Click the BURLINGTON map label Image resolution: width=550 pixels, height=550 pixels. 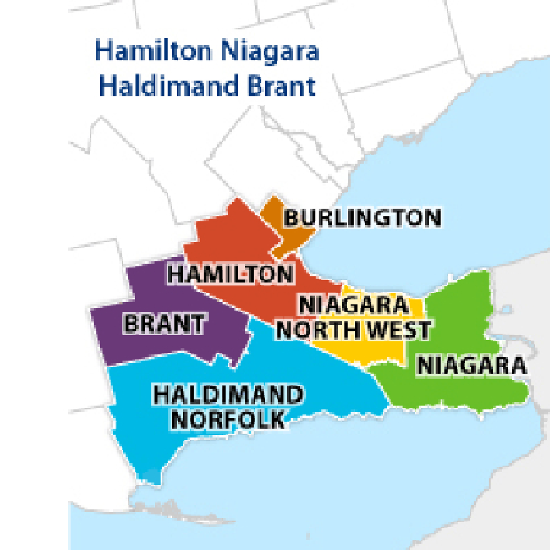pyautogui.click(x=362, y=218)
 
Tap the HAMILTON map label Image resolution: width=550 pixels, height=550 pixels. pyautogui.click(x=231, y=274)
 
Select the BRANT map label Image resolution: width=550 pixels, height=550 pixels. pyautogui.click(x=164, y=324)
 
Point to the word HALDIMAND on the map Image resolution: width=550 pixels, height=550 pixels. pyautogui.click(x=228, y=395)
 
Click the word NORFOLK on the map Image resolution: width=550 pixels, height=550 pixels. pyautogui.click(x=228, y=419)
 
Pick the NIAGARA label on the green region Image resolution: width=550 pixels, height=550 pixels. pyautogui.click(x=472, y=365)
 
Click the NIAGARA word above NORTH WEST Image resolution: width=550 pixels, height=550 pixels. pyautogui.click(x=353, y=306)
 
